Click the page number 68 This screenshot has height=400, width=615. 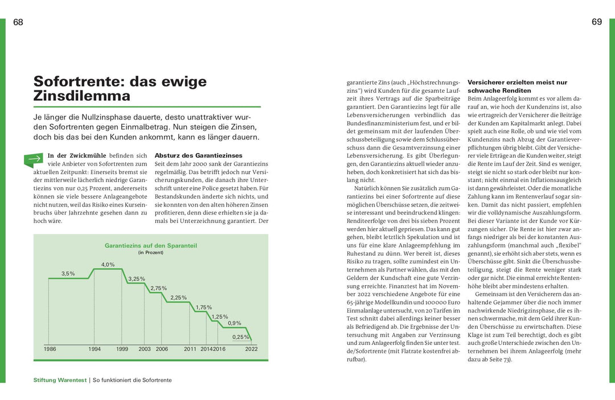(x=18, y=22)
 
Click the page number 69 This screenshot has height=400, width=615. (x=597, y=22)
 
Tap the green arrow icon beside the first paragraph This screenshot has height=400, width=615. (x=33, y=160)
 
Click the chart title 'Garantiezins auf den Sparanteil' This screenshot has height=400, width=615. (x=151, y=246)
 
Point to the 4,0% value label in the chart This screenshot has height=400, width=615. (x=108, y=265)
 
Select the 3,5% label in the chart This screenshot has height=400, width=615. (x=68, y=274)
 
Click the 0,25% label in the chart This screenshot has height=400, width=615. (x=241, y=337)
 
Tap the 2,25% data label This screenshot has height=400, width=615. (x=178, y=298)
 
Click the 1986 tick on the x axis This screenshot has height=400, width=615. (x=50, y=349)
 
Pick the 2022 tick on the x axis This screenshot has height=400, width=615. (x=251, y=349)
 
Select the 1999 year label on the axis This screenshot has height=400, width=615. (x=122, y=349)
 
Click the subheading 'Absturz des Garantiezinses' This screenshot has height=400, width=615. (x=198, y=155)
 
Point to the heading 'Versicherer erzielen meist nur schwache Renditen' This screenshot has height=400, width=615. (x=517, y=86)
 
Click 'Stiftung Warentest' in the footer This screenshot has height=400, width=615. (x=59, y=380)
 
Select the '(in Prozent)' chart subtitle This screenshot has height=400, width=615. (x=151, y=253)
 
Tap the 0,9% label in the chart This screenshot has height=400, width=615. (x=235, y=323)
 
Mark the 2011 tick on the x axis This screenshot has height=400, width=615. (x=190, y=349)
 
